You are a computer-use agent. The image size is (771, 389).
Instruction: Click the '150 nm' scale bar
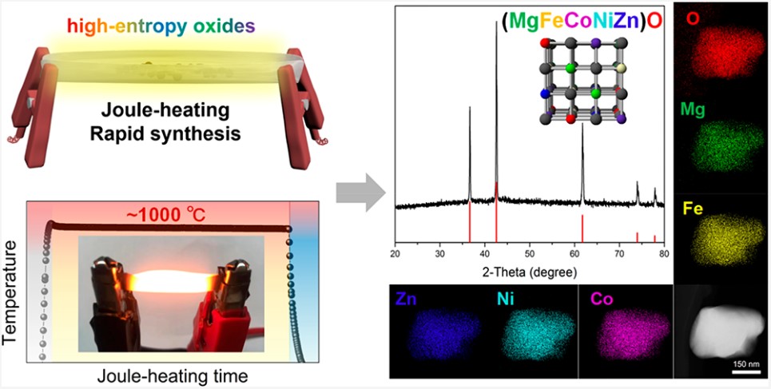(745, 366)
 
